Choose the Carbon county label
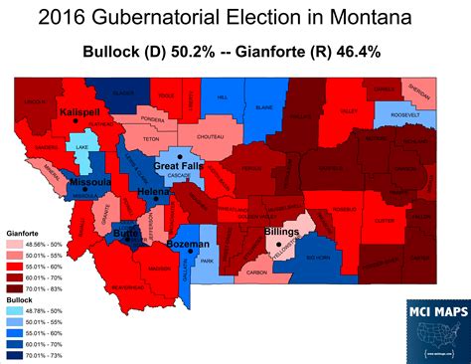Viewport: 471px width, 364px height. [x=256, y=270]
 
